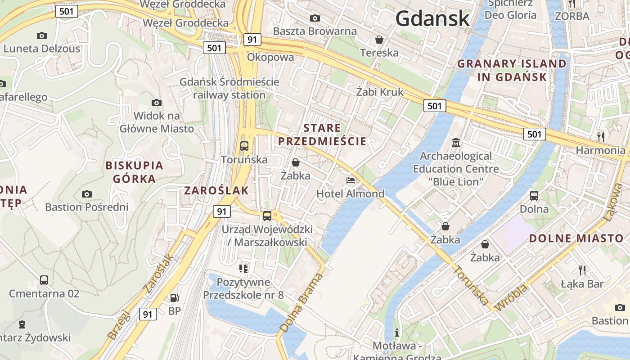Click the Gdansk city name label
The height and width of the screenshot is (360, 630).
(x=432, y=18)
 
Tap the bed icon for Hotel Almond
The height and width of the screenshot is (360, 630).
(x=351, y=180)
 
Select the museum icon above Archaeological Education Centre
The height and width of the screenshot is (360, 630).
(x=456, y=143)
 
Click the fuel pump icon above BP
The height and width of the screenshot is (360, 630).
(x=174, y=297)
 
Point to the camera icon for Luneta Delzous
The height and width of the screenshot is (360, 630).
(x=42, y=36)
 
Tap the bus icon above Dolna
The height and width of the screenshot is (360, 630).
(x=534, y=196)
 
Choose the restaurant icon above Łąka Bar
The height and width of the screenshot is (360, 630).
(x=582, y=270)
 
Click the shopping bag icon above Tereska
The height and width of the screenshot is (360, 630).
(x=379, y=40)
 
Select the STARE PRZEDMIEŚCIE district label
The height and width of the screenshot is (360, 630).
(x=322, y=135)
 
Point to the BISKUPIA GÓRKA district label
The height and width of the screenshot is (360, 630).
(x=134, y=172)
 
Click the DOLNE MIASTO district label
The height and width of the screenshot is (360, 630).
(x=576, y=238)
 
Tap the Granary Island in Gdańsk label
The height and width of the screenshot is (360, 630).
(x=512, y=70)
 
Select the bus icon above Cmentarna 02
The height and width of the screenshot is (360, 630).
(x=44, y=280)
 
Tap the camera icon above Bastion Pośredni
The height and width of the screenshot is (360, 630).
(x=87, y=194)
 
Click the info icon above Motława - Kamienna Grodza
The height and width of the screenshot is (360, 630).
(x=397, y=333)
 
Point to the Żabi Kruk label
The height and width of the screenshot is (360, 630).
(x=380, y=92)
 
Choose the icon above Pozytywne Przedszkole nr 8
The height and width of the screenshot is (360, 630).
(x=243, y=269)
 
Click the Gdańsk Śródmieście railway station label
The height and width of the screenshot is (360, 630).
(x=229, y=89)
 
